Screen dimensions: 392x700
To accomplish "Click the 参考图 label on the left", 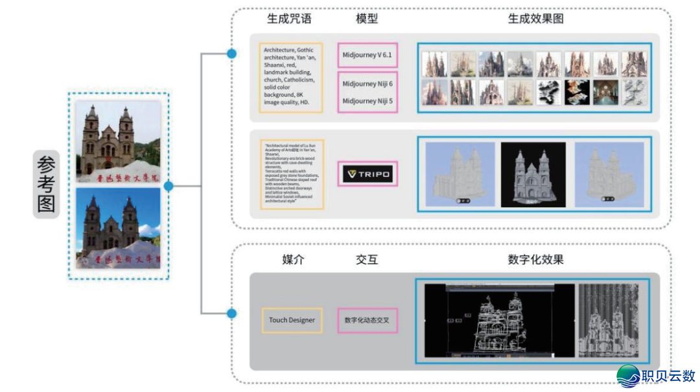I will pyautogui.click(x=46, y=185).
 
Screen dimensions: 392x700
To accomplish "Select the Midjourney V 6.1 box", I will pyautogui.click(x=367, y=55).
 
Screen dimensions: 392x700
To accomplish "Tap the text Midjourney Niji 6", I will pyautogui.click(x=367, y=84).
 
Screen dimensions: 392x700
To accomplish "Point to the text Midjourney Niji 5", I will pyautogui.click(x=367, y=101).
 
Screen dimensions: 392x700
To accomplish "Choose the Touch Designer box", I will pyautogui.click(x=292, y=320).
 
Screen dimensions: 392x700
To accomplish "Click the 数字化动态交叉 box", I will pyautogui.click(x=367, y=320).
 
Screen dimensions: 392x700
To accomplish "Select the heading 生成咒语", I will pyautogui.click(x=289, y=19).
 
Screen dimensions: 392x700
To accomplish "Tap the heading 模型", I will pyautogui.click(x=367, y=19).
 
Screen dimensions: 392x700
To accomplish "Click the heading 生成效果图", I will pyautogui.click(x=535, y=19).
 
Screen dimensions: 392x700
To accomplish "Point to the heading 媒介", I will pyautogui.click(x=292, y=260).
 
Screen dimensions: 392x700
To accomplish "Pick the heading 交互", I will pyautogui.click(x=367, y=260).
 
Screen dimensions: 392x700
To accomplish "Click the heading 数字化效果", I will pyautogui.click(x=535, y=260).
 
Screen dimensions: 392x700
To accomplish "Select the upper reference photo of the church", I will pyautogui.click(x=118, y=141).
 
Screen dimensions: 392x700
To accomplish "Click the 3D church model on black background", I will pyautogui.click(x=533, y=175).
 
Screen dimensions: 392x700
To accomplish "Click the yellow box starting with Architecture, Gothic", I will pyautogui.click(x=290, y=78).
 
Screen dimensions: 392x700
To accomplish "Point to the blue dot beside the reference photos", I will pyautogui.click(x=169, y=187).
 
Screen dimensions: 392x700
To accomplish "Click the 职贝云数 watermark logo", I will pyautogui.click(x=656, y=376).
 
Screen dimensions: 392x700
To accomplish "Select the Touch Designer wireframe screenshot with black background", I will pyautogui.click(x=499, y=320).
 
